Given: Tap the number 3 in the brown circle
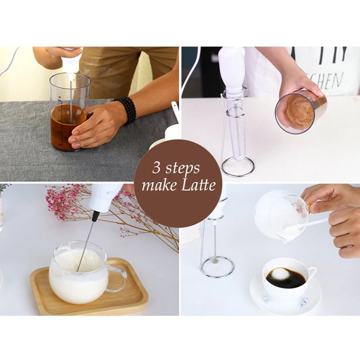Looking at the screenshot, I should pos(157,168).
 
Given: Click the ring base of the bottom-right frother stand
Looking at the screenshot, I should pos(217,267).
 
